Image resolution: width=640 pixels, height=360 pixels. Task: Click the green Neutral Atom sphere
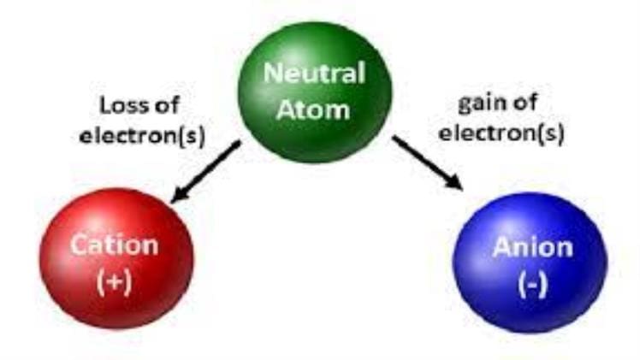pyautogui.click(x=315, y=92)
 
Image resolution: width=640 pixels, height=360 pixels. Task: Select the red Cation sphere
pyautogui.click(x=116, y=258)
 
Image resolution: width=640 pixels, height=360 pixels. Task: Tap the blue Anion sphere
pyautogui.click(x=530, y=263)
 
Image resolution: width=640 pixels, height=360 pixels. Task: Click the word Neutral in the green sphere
pyautogui.click(x=314, y=74)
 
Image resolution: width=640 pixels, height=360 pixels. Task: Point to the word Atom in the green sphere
pyautogui.click(x=313, y=109)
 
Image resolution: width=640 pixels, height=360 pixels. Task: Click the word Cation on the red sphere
pyautogui.click(x=115, y=245)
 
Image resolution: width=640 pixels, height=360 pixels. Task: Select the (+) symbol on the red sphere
pyautogui.click(x=115, y=282)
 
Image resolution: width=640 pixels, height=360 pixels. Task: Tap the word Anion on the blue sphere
pyautogui.click(x=533, y=247)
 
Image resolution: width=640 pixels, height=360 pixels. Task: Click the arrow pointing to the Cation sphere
pyautogui.click(x=205, y=172)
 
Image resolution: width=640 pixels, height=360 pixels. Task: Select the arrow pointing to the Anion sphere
pyautogui.click(x=427, y=162)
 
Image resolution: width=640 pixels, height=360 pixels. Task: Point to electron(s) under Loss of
pyautogui.click(x=142, y=136)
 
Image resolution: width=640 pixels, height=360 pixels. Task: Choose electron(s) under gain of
pyautogui.click(x=501, y=133)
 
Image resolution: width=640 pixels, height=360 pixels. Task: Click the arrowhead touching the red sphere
pyautogui.click(x=180, y=195)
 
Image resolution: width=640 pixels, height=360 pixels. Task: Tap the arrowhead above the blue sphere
pyautogui.click(x=454, y=182)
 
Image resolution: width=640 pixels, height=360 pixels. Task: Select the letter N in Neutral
pyautogui.click(x=273, y=74)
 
